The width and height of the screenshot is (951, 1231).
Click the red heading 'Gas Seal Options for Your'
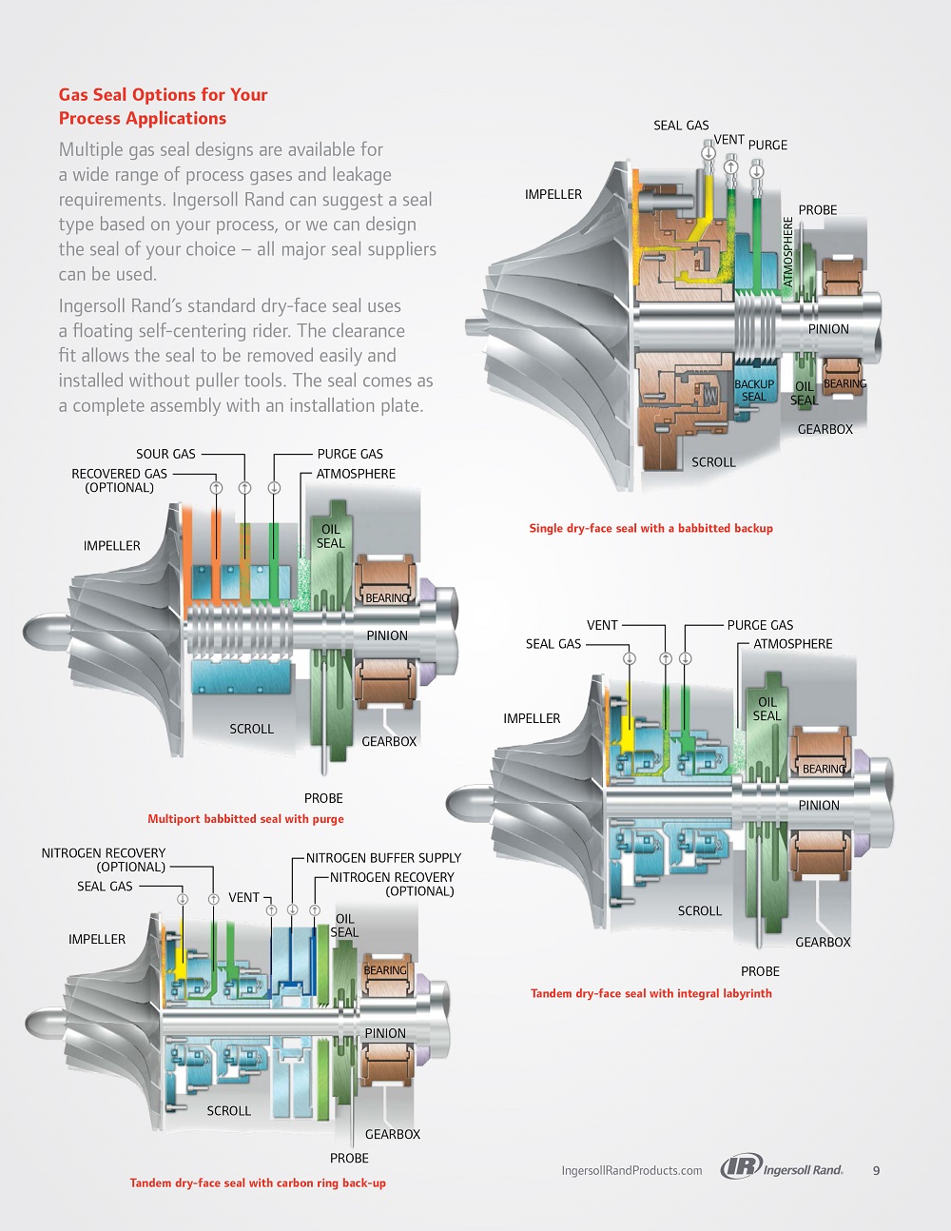click(x=163, y=94)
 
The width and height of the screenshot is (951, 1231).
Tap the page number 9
click(x=876, y=1170)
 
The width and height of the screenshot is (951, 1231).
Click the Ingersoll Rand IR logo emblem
click(x=741, y=1167)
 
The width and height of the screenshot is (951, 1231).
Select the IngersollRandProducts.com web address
click(x=631, y=1170)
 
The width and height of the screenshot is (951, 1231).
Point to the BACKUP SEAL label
click(x=754, y=390)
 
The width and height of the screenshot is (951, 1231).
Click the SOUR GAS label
click(x=165, y=454)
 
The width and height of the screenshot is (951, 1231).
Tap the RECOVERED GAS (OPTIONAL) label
click(x=120, y=480)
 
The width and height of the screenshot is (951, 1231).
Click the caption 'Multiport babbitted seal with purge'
click(x=245, y=818)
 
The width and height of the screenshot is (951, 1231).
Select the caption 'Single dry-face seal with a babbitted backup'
click(x=651, y=528)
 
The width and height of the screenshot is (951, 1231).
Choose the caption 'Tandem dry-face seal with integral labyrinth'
click(x=651, y=993)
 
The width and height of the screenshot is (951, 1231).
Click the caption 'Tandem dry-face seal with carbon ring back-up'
click(x=258, y=1182)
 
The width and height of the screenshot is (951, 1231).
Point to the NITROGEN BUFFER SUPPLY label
click(x=384, y=858)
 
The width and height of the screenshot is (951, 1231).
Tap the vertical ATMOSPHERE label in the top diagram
click(x=787, y=251)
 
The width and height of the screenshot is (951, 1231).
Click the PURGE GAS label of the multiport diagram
click(x=350, y=454)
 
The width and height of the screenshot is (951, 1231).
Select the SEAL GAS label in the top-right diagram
click(x=681, y=126)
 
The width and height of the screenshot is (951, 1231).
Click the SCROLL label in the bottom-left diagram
click(x=228, y=1111)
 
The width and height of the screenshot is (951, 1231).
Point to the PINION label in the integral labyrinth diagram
click(x=819, y=805)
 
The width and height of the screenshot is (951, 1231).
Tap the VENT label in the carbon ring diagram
click(x=244, y=897)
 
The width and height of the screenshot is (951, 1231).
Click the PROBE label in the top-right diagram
click(x=818, y=209)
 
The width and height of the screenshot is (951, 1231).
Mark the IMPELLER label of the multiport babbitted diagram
click(x=111, y=545)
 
